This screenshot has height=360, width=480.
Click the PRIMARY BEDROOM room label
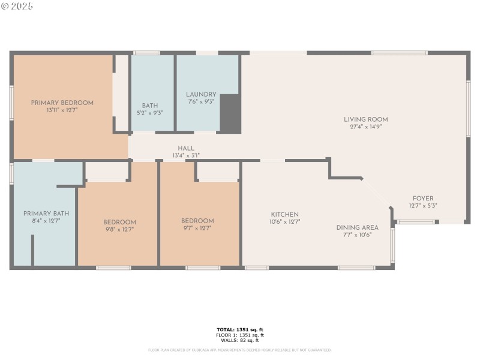point(62,103)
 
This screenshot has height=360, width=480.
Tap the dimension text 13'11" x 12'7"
point(62,110)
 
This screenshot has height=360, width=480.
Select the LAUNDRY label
point(200,94)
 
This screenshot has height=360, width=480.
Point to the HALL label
point(185,148)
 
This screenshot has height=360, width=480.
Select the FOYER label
point(422,198)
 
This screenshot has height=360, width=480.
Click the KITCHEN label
point(284,214)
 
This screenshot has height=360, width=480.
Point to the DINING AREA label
point(357,227)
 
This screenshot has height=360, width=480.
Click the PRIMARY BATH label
point(46,213)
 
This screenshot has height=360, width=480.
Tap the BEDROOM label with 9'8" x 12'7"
point(119,221)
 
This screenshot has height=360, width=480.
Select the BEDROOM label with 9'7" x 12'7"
point(197,221)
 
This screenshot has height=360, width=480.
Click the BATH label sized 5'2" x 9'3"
point(149,106)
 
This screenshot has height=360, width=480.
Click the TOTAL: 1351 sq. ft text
point(240,329)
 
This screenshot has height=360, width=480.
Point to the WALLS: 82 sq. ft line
point(240,340)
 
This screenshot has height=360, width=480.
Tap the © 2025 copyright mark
point(17,6)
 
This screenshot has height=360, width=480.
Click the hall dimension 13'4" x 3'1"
point(185,155)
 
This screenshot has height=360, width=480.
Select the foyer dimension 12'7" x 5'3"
point(422,205)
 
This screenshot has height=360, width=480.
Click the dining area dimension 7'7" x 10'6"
point(357,235)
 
